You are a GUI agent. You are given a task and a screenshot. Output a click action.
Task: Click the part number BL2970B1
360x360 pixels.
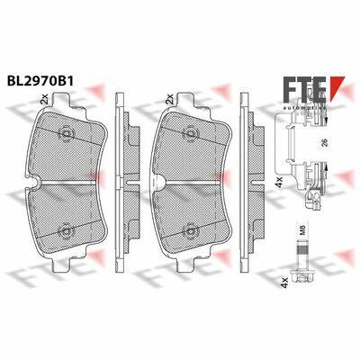pyautogui.click(x=40, y=80)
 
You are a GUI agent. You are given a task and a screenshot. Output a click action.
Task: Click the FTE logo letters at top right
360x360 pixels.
pyautogui.click(x=303, y=88)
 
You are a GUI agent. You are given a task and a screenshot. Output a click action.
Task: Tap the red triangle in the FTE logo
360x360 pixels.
pyautogui.click(x=337, y=88)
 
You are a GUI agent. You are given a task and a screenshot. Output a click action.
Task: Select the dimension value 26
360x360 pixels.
pyautogui.click(x=324, y=143)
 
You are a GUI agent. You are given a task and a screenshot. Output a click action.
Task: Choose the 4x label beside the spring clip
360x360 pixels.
pyautogui.click(x=279, y=182)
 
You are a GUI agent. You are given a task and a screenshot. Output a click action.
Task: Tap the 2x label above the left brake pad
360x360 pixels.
pyautogui.click(x=44, y=99)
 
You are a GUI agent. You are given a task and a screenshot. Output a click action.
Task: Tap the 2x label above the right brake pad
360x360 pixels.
pyautogui.click(x=169, y=99)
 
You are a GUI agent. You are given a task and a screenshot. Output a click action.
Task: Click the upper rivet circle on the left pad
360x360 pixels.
pyautogui.click(x=67, y=132)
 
